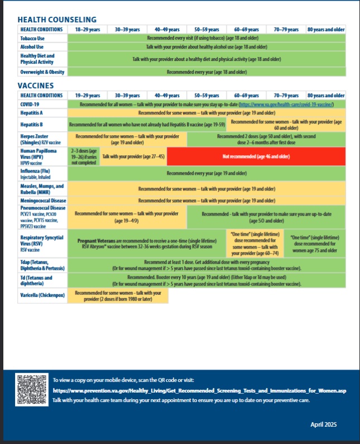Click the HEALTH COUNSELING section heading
coord(56,19)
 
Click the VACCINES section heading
coord(35,85)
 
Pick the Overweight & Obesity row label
coord(42,72)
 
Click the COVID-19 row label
coord(30,104)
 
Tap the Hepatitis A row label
coord(33,113)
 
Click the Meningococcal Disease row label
coord(42,200)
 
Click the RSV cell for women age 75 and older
coord(314,244)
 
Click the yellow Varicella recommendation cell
coord(118,295)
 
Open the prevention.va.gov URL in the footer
coord(199,391)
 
